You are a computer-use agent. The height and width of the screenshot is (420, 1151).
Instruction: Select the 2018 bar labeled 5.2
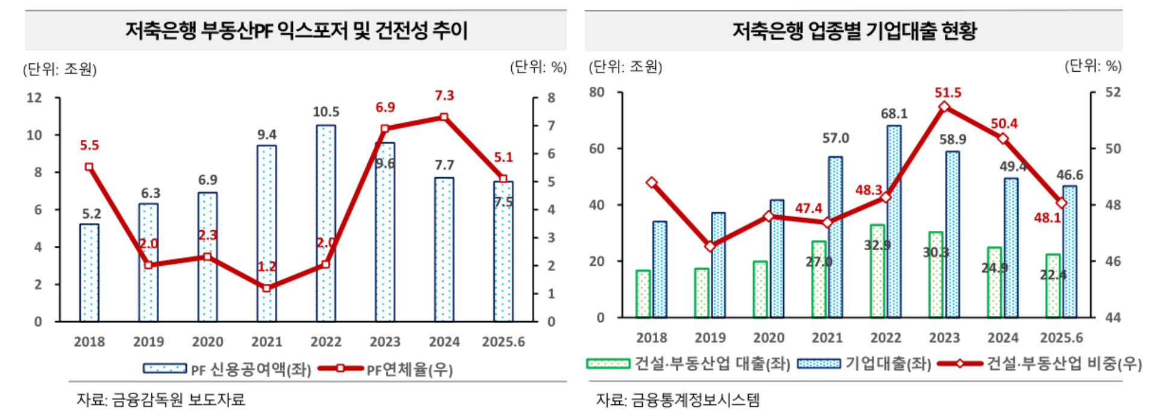tap(89, 272)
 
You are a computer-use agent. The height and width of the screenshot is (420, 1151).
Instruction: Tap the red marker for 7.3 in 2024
tap(444, 117)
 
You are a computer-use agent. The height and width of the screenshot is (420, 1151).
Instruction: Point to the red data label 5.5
tap(89, 145)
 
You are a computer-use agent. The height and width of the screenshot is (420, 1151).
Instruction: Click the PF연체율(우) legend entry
tap(386, 369)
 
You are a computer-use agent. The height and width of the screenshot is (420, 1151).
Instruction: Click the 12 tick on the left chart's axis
tap(34, 98)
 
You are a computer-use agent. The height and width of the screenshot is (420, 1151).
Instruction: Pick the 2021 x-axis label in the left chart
tap(266, 342)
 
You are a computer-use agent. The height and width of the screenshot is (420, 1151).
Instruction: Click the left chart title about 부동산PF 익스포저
tap(296, 31)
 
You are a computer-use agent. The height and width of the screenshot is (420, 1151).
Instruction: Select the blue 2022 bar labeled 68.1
tap(894, 221)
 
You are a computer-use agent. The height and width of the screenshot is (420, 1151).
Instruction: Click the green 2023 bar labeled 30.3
tap(936, 274)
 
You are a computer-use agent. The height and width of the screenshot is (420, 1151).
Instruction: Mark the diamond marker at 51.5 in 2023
tap(944, 107)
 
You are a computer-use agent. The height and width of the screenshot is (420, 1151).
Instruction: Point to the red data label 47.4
tap(808, 208)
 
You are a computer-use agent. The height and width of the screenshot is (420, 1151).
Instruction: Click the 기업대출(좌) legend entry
tap(865, 363)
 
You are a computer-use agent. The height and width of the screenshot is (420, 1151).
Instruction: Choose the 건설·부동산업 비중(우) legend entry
tap(1041, 363)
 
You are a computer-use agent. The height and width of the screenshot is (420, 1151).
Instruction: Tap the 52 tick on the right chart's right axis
tap(1112, 92)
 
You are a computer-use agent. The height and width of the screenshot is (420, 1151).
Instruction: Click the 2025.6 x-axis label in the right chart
tap(1061, 337)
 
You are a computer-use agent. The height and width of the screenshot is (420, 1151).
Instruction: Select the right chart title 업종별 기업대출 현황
tap(854, 31)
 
